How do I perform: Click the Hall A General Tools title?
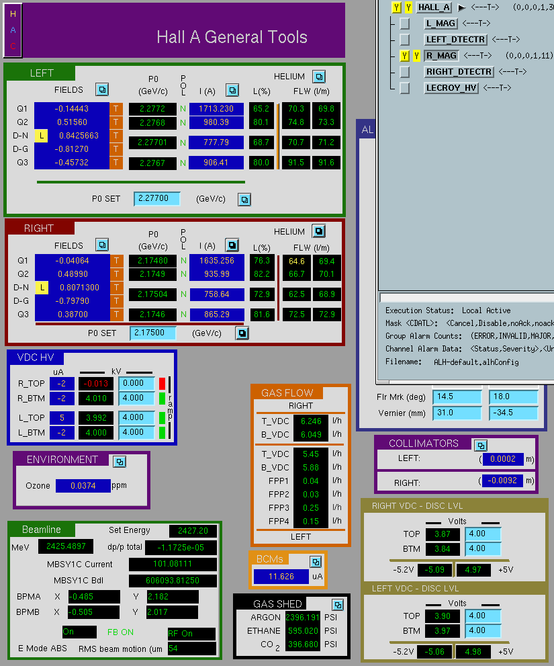232,38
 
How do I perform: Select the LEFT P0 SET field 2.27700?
156,198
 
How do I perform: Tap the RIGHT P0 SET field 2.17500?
152,333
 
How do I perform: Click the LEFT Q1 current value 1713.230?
216,109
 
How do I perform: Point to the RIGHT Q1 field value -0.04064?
72,260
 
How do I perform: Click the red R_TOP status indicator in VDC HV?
162,384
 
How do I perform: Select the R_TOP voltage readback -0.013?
96,384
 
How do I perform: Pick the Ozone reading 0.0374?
83,485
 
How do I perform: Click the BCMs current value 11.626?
281,577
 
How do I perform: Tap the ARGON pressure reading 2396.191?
302,617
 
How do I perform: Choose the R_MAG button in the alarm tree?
441,56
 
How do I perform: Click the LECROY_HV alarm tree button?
452,88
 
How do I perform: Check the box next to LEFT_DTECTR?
404,40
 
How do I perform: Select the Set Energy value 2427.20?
193,530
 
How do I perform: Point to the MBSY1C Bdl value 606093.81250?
173,581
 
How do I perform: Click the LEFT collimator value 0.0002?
503,459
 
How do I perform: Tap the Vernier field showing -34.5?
513,413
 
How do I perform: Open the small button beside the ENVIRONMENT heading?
120,462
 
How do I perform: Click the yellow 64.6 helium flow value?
296,261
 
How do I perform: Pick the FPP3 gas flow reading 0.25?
311,508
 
